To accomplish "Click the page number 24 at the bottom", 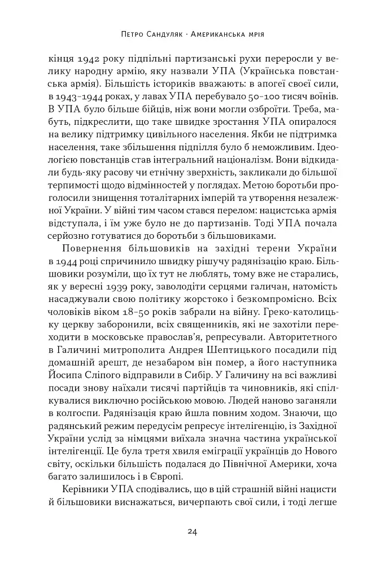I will [x=192, y=531].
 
